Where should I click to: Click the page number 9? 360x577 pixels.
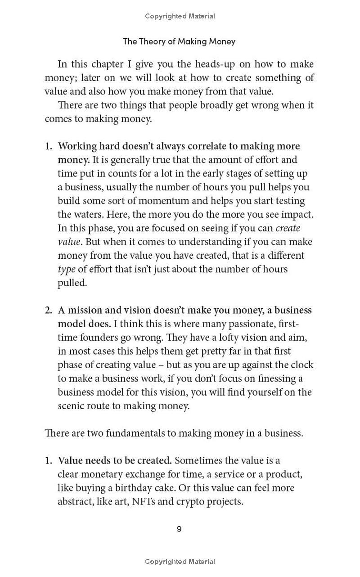click(179, 529)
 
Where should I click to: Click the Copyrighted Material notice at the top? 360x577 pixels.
click(180, 16)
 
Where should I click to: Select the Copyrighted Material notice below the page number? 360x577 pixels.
click(180, 561)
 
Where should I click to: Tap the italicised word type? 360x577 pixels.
click(66, 269)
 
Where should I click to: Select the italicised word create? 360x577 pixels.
click(288, 228)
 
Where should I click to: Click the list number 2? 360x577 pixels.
click(48, 310)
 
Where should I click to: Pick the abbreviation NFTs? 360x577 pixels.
click(144, 501)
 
